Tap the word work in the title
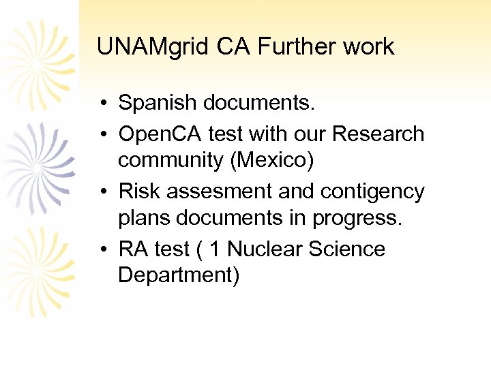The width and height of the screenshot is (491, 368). pyautogui.click(x=368, y=46)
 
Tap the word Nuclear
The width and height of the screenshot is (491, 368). pyautogui.click(x=264, y=249)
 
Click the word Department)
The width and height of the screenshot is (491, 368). pyautogui.click(x=178, y=275)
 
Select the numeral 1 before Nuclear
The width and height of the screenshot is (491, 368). pyautogui.click(x=215, y=249)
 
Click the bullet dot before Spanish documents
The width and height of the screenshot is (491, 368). pyautogui.click(x=100, y=104)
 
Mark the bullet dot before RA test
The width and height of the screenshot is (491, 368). pyautogui.click(x=100, y=249)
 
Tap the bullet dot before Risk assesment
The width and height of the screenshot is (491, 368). pyautogui.click(x=100, y=191)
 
